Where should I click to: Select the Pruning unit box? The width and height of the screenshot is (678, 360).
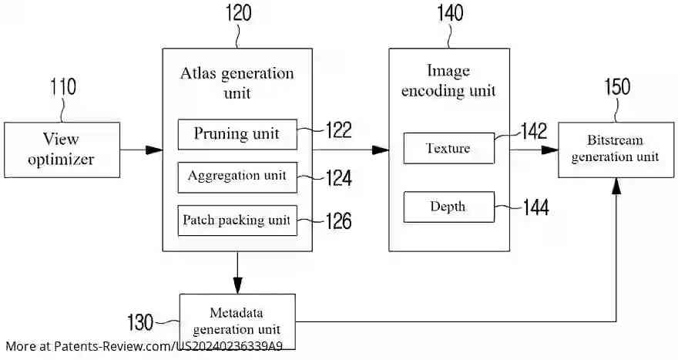[x=237, y=134]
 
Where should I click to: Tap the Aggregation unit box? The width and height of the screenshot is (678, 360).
[x=237, y=177]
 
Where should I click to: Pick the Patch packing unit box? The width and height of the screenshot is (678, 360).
[x=237, y=220]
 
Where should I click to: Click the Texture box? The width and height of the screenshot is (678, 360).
[x=448, y=148]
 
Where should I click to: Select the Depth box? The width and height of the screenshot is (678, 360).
[x=448, y=207]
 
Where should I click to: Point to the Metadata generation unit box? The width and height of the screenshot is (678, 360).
[x=237, y=320]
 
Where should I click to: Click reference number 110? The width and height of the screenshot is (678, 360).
[x=62, y=86]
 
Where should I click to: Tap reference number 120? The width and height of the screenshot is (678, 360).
[x=237, y=13]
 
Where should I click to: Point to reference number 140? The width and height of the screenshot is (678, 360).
[x=449, y=13]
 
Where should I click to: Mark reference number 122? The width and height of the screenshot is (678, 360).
[x=338, y=130]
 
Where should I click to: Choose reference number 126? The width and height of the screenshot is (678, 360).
[x=338, y=222]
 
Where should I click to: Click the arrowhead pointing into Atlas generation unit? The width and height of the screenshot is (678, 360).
[x=154, y=150]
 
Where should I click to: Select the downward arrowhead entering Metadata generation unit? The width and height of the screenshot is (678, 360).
[x=237, y=286]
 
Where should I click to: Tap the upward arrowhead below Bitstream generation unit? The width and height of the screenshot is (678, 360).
[x=616, y=185]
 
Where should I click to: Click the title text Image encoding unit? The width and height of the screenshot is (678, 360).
[x=448, y=81]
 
